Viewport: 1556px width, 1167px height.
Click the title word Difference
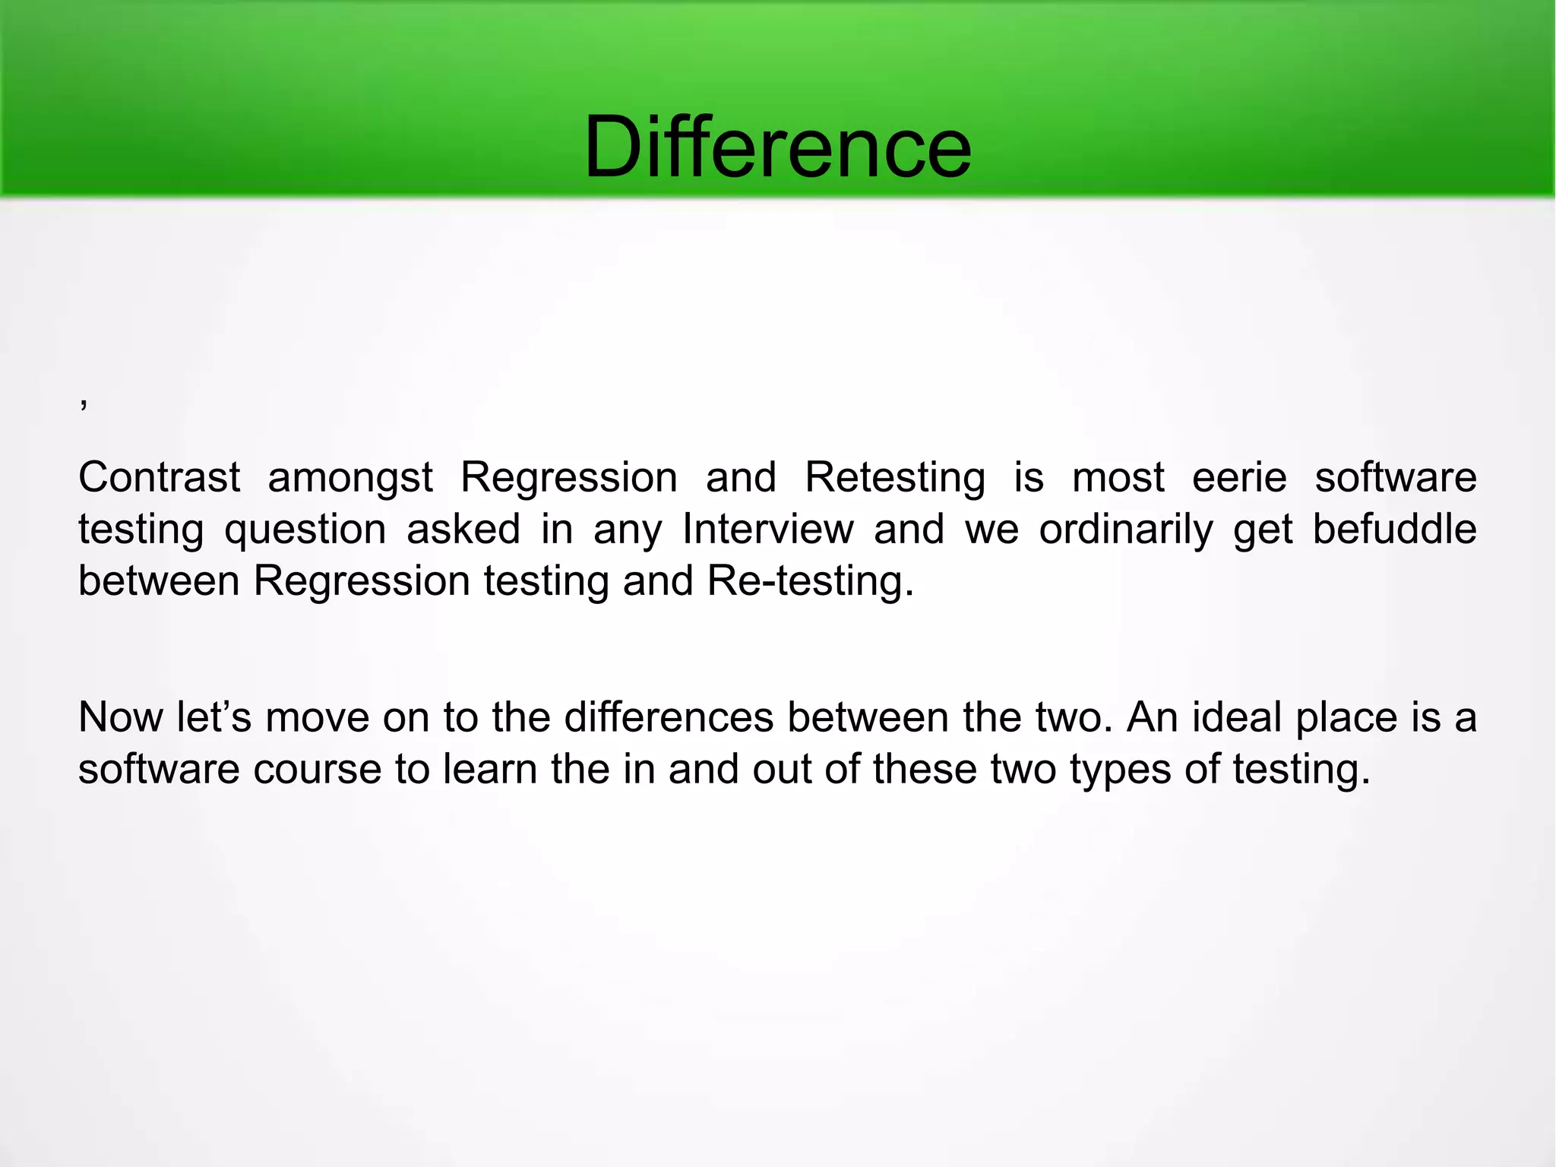[777, 147]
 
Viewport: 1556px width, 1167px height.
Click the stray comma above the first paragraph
[84, 403]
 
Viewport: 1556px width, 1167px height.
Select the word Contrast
[160, 478]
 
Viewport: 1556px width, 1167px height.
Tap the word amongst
[350, 478]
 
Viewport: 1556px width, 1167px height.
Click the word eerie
[1239, 478]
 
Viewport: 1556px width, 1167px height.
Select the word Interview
[768, 529]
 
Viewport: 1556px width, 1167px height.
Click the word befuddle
[1394, 529]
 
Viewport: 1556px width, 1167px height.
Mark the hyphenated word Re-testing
[810, 582]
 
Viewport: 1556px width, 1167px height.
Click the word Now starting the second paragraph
[120, 717]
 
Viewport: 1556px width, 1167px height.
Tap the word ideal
[1237, 717]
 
